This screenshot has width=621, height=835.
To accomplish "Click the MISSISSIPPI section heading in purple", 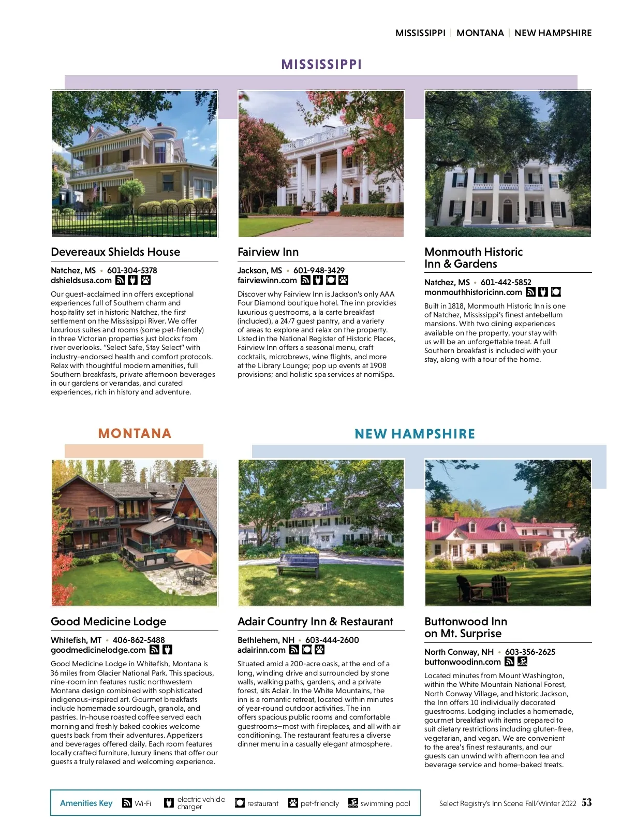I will (321, 64).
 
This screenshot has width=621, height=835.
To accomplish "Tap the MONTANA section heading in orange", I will (135, 433).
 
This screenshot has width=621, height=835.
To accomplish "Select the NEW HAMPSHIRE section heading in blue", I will (415, 434).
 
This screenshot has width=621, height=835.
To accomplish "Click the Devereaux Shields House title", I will (115, 252).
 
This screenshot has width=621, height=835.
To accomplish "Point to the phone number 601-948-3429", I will (319, 270).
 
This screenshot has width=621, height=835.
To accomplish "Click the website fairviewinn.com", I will (267, 280).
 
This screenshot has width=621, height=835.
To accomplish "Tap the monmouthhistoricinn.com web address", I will (473, 292).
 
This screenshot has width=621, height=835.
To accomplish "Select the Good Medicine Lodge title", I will (109, 622).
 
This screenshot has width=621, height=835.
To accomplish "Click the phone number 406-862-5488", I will (139, 640).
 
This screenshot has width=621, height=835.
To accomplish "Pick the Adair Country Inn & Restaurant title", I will (315, 622).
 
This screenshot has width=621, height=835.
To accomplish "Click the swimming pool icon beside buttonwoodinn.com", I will (522, 662).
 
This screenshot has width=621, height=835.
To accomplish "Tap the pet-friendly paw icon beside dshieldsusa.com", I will (145, 280).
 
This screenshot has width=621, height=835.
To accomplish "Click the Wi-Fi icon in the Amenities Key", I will (127, 803).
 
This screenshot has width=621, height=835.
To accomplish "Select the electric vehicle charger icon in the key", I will (169, 803).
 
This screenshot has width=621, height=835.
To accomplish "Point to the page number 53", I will (586, 802).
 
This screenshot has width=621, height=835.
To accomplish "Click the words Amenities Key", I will (86, 803).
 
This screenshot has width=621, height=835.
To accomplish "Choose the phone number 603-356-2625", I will (530, 652).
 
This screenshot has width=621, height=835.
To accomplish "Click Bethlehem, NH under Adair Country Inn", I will (265, 640).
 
